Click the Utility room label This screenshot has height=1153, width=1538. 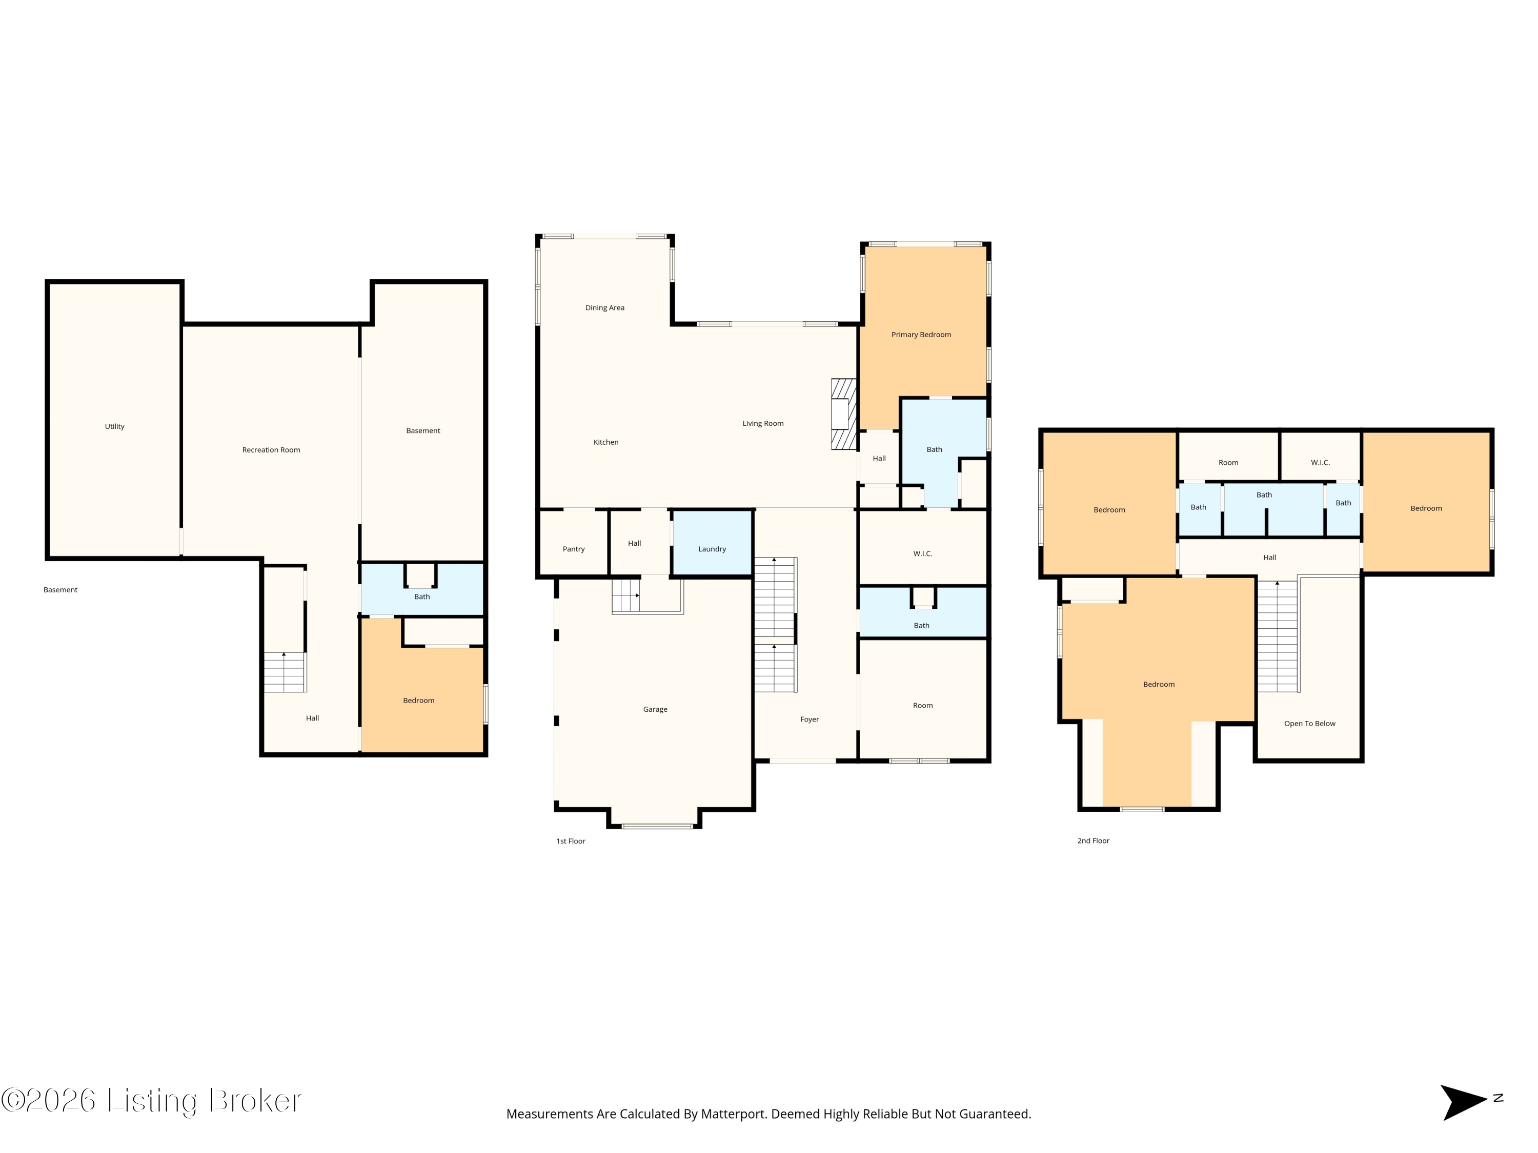(115, 427)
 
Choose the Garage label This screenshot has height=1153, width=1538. (655, 710)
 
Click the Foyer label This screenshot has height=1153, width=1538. (810, 720)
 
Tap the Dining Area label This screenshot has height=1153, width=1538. (605, 308)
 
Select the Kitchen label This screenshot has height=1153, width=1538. (605, 443)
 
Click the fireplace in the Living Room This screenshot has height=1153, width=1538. (843, 414)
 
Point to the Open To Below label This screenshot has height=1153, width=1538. (1310, 724)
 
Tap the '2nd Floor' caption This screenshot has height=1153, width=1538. (1094, 841)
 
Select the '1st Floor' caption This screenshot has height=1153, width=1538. (571, 841)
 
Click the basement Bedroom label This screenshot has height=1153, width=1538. (418, 701)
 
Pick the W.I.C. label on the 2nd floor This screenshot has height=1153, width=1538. (1320, 463)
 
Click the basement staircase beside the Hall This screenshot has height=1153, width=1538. (285, 672)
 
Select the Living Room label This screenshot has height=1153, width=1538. (763, 424)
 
